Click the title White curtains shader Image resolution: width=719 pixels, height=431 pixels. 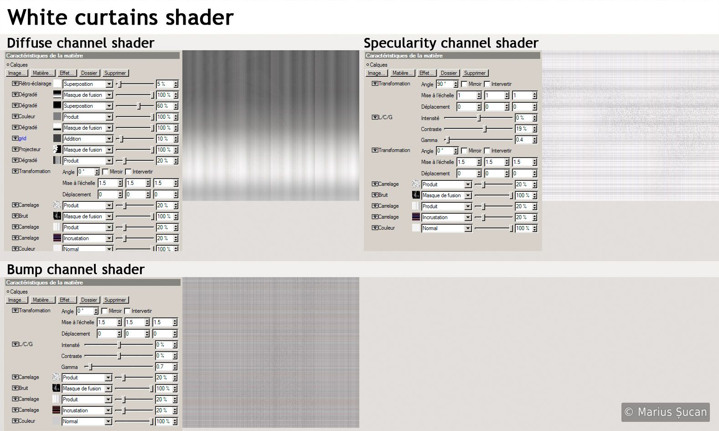[x=120, y=17]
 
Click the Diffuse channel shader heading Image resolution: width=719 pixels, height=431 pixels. [x=81, y=43]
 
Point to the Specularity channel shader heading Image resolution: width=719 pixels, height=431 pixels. [x=451, y=43]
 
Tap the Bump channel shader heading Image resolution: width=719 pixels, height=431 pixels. [x=76, y=269]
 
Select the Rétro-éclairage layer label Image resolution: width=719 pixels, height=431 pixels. [x=35, y=84]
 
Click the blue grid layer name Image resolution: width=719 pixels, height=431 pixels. [x=22, y=138]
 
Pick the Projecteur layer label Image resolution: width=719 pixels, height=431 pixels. [x=30, y=149]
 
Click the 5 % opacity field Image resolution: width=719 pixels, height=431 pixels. [x=165, y=84]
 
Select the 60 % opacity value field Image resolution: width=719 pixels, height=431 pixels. [x=165, y=106]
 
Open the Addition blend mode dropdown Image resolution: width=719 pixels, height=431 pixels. [x=88, y=139]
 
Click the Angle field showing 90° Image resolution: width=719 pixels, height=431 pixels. [x=445, y=84]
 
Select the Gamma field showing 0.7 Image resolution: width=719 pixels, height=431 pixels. [x=164, y=367]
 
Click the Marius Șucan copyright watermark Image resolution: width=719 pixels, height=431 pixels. [x=665, y=412]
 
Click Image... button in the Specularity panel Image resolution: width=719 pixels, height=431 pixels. [x=377, y=73]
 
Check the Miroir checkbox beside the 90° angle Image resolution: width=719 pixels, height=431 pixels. [x=464, y=84]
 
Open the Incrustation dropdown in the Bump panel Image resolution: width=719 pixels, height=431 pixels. [x=87, y=410]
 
